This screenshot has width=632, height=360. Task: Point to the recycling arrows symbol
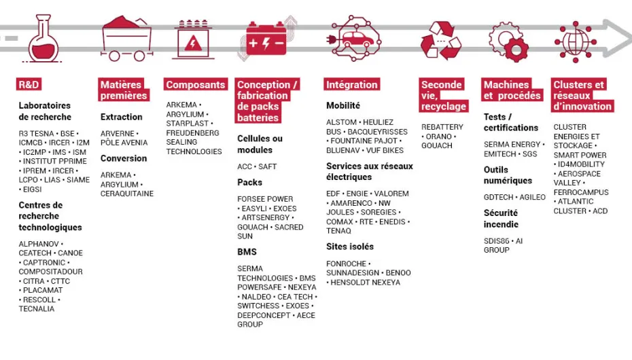[440, 40]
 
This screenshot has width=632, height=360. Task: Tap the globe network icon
[576, 42]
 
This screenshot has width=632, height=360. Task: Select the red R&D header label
[29, 84]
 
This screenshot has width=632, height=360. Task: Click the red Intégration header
[352, 84]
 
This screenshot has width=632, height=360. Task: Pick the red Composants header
[196, 84]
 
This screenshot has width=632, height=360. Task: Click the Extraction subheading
[122, 117]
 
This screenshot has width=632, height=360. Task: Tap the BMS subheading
[247, 252]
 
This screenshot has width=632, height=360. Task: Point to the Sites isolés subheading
[350, 247]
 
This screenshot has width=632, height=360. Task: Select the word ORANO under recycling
[439, 137]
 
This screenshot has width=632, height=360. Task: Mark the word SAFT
[267, 166]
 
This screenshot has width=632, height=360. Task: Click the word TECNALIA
[36, 309]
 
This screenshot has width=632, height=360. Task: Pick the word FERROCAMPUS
[581, 192]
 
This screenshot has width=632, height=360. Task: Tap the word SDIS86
[496, 241]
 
